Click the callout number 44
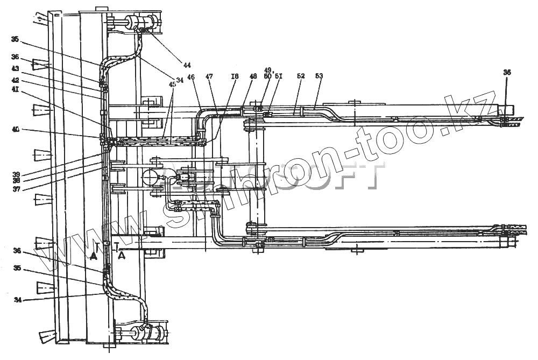187,65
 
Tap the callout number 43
15,68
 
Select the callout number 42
15,80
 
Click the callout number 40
15,129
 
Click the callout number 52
300,76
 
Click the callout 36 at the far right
507,72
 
